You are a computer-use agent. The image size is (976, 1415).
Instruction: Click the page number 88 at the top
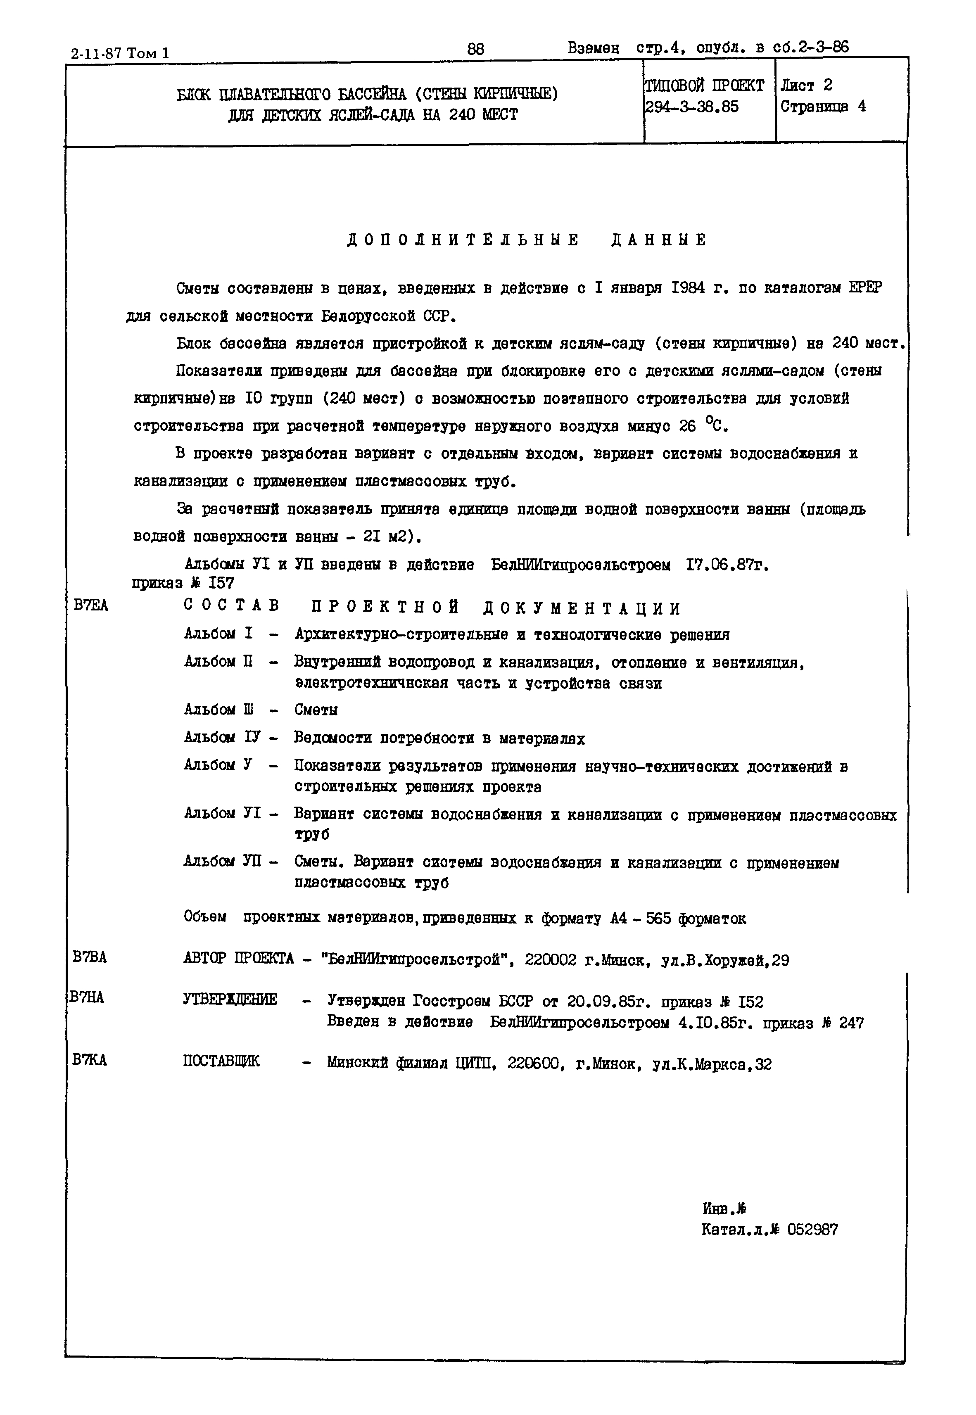(x=475, y=49)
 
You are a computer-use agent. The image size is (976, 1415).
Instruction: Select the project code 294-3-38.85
(x=692, y=107)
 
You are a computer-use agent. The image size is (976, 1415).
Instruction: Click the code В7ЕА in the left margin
(x=90, y=605)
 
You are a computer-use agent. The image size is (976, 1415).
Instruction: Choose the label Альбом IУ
(x=222, y=738)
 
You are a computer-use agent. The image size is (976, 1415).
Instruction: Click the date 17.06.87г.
(x=727, y=566)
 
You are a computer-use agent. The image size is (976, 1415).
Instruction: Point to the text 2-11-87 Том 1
(x=121, y=54)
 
